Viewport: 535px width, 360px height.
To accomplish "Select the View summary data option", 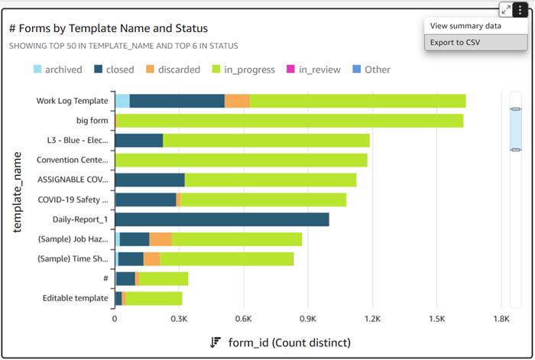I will click(465, 25).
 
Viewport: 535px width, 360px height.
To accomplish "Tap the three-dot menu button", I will click(520, 9).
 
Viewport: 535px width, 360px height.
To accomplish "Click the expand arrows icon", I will click(506, 9).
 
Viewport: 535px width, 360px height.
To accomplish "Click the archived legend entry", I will click(57, 70).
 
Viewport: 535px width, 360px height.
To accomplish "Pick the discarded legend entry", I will click(172, 70).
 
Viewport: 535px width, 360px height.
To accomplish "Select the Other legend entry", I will click(371, 70).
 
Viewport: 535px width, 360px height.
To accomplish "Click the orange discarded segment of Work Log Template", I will click(237, 101).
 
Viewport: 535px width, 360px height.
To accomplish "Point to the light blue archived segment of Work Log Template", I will click(122, 101).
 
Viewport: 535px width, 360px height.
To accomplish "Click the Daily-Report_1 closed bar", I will click(222, 219).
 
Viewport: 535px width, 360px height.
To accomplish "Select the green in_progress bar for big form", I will click(290, 121).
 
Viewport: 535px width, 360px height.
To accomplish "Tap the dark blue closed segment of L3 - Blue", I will click(138, 140).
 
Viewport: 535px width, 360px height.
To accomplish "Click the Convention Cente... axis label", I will click(73, 161).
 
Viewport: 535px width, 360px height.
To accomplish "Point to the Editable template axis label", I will click(75, 298).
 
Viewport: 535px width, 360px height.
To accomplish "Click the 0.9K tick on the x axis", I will click(308, 318).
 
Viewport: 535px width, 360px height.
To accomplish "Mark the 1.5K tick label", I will click(437, 318).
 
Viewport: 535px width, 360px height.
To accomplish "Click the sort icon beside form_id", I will click(216, 342).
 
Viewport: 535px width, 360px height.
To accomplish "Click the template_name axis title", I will click(18, 201).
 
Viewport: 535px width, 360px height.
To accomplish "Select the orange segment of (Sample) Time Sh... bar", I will click(151, 259).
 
